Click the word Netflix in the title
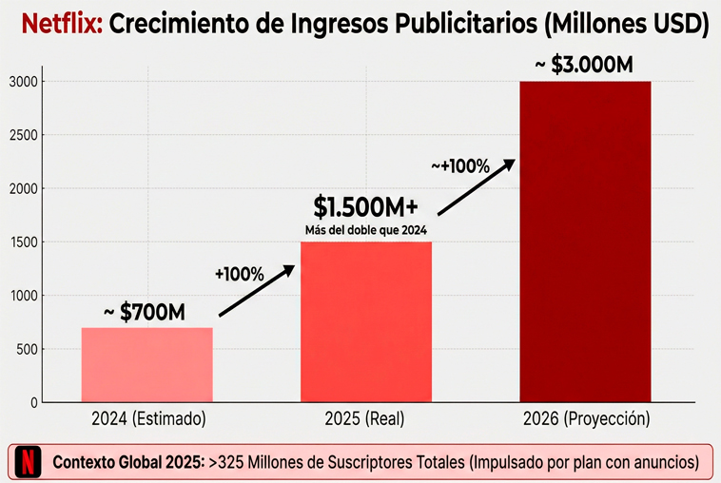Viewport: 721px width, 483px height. [x=62, y=25]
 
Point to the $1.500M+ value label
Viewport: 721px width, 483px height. [x=366, y=205]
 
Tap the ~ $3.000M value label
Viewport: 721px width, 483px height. [x=583, y=65]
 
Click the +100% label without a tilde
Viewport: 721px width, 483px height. [x=239, y=274]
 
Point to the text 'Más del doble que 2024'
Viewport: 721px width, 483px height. [x=366, y=229]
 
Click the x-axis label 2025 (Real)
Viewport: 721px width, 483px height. [x=366, y=418]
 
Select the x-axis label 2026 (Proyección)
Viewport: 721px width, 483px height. [x=585, y=418]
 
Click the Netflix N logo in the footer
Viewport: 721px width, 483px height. [x=29, y=463]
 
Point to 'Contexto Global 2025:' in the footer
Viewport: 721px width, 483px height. [x=127, y=463]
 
